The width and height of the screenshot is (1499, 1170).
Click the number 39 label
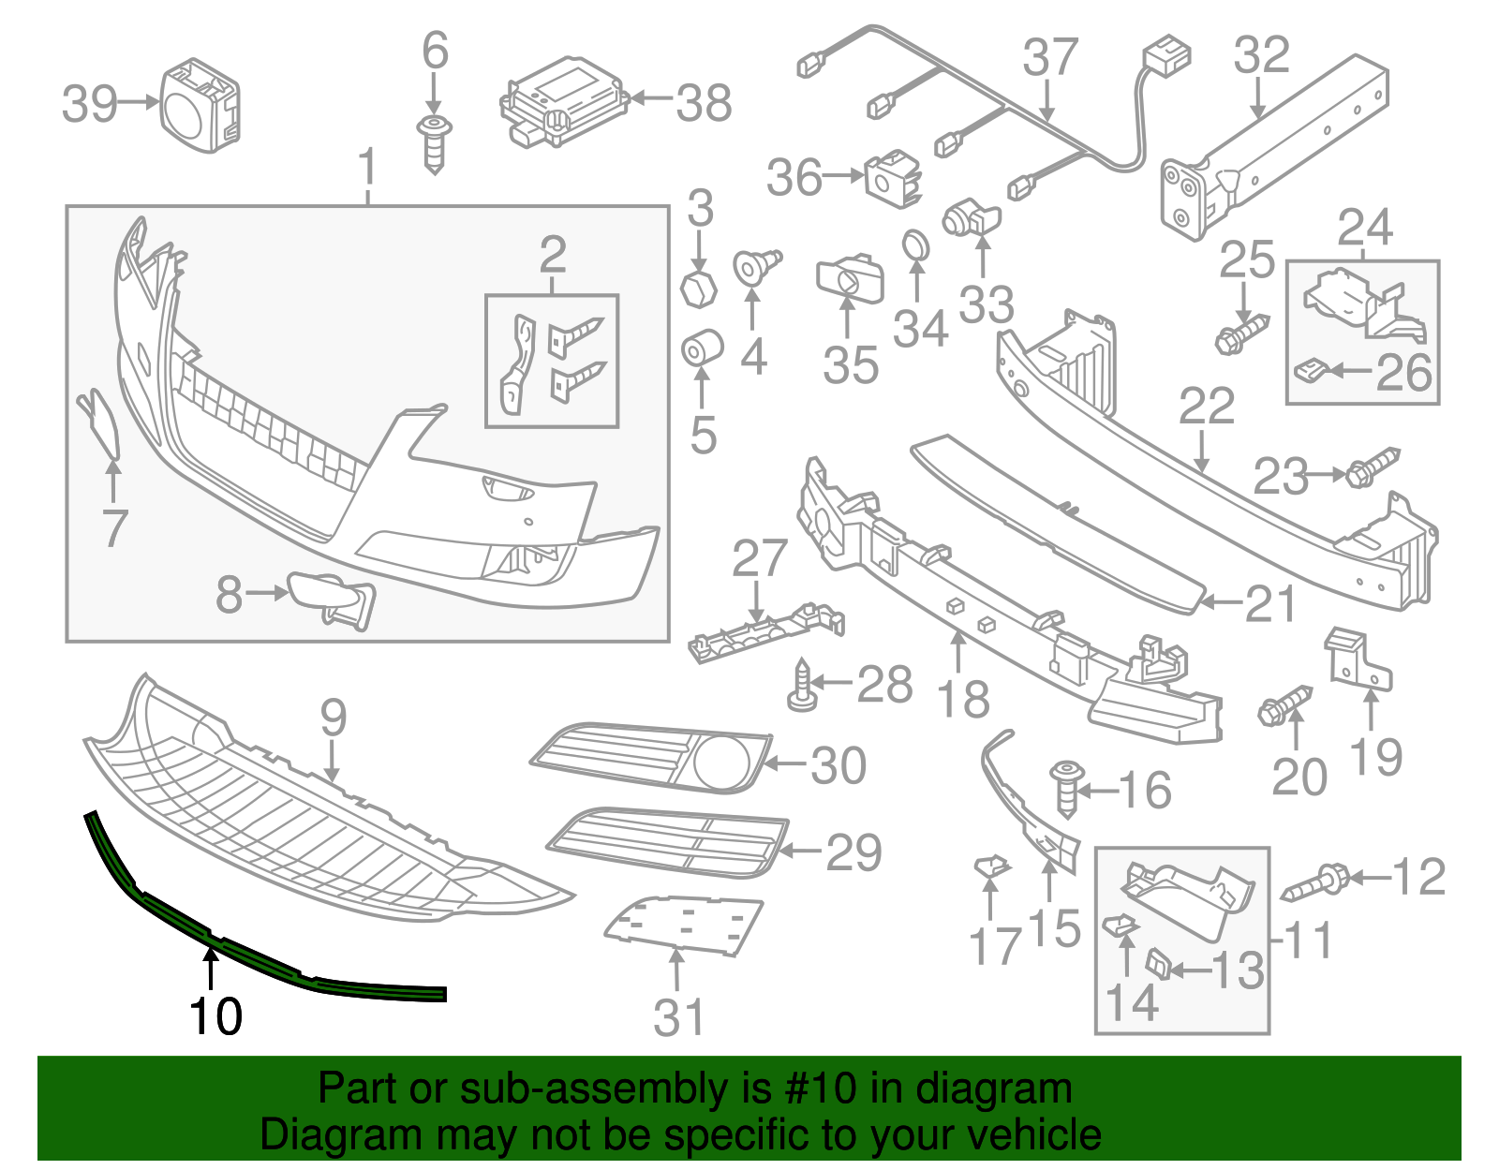[89, 103]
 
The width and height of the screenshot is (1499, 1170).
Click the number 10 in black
[215, 1016]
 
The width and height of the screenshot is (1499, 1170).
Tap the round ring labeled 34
[915, 246]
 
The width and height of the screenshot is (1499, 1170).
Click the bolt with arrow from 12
[1315, 882]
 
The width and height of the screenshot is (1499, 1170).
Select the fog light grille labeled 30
[651, 757]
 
